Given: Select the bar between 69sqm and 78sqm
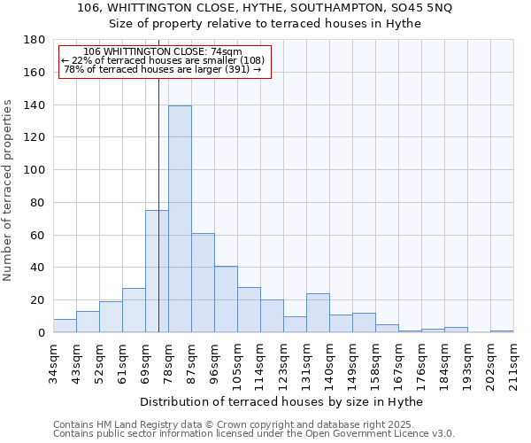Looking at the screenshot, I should tap(157, 271).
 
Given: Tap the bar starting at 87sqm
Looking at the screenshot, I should tap(203, 283).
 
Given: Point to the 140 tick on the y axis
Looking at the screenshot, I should tap(35, 105).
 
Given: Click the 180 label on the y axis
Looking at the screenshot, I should tap(35, 40).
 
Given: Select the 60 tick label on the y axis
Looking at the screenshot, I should tap(38, 235).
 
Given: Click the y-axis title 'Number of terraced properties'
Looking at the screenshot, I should tap(9, 190).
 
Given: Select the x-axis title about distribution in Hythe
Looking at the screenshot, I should tap(281, 402).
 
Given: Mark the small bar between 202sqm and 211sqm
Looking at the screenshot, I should tap(502, 330).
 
